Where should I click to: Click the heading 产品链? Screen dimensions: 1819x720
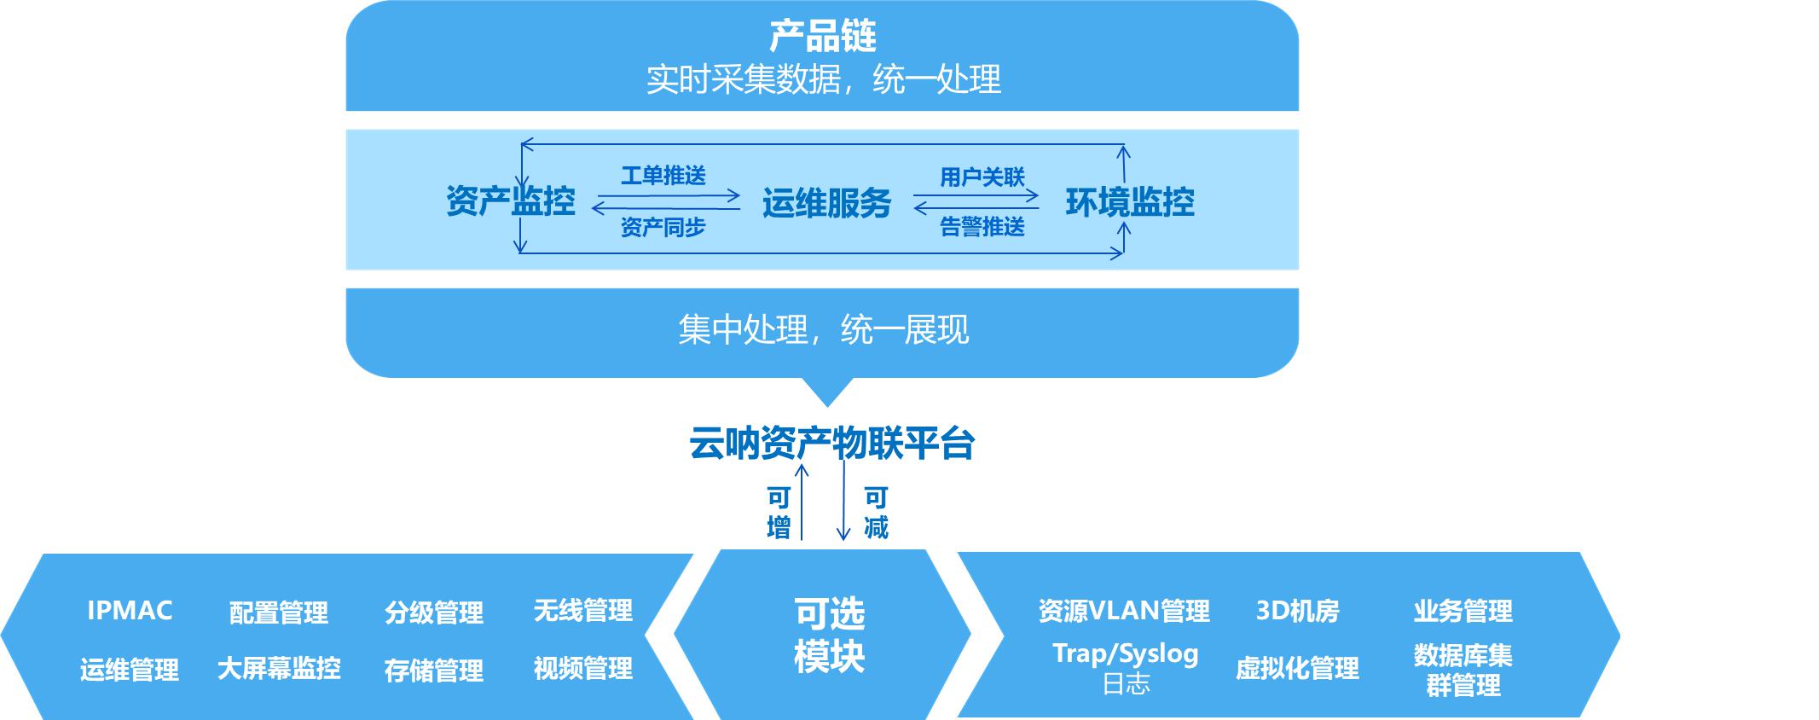[822, 37]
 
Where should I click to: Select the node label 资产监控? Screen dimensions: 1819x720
[511, 202]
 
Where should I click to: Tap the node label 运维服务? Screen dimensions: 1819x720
[826, 203]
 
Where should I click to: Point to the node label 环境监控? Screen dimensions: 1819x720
[1130, 202]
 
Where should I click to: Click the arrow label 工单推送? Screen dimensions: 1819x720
[663, 176]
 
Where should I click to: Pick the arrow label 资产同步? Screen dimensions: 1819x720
[663, 227]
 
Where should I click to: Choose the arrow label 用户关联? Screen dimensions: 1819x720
[982, 177]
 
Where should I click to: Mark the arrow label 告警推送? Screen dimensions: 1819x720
[982, 226]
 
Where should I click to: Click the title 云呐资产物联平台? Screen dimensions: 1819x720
[831, 444]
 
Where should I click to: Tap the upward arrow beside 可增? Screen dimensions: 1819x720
[801, 502]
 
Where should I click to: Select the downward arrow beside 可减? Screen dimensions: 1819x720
[843, 502]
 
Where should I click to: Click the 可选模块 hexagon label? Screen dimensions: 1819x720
[829, 635]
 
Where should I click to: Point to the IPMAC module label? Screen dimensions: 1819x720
[130, 611]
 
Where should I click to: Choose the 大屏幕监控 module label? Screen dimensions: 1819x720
[279, 668]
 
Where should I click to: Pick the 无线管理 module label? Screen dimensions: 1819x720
[583, 611]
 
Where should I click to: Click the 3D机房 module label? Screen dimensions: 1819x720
[1297, 611]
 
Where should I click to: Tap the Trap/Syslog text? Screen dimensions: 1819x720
[1126, 654]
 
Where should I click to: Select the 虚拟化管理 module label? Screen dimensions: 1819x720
[1297, 668]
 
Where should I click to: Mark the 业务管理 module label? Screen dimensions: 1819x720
[1463, 611]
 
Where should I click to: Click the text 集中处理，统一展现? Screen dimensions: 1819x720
[824, 329]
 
